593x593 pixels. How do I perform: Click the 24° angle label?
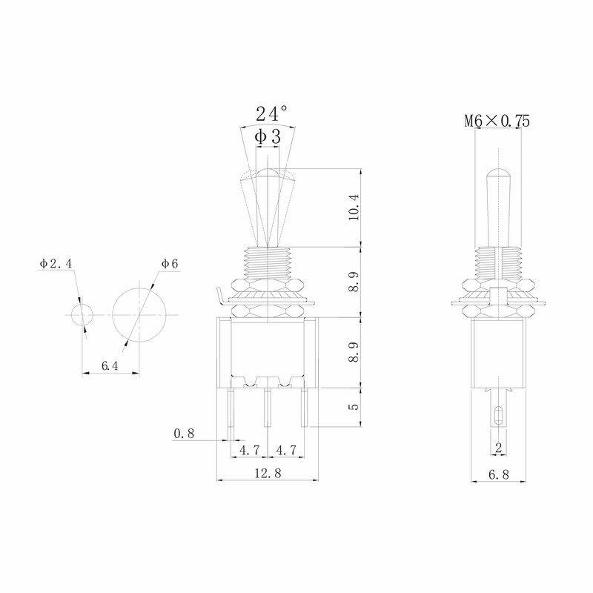pos(271,113)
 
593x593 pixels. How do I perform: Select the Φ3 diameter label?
pos(268,136)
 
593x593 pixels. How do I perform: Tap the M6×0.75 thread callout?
pos(497,121)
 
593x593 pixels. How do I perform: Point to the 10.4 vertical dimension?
pos(354,207)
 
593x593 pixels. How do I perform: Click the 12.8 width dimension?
pos(268,473)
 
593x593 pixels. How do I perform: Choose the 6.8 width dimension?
pos(499,474)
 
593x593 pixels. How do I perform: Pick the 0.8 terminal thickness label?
pos(184,434)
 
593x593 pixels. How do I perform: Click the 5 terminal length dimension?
pos(354,407)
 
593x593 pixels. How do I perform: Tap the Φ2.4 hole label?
pos(56,264)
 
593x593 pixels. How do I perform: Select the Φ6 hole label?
pos(170,264)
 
